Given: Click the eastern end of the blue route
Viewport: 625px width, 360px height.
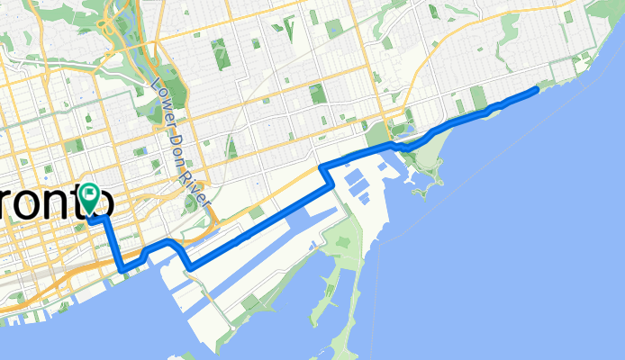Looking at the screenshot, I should [x=537, y=89].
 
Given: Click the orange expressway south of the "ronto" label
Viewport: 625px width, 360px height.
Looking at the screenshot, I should [x=54, y=270].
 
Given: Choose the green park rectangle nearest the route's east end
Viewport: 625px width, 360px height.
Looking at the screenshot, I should [x=477, y=97].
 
